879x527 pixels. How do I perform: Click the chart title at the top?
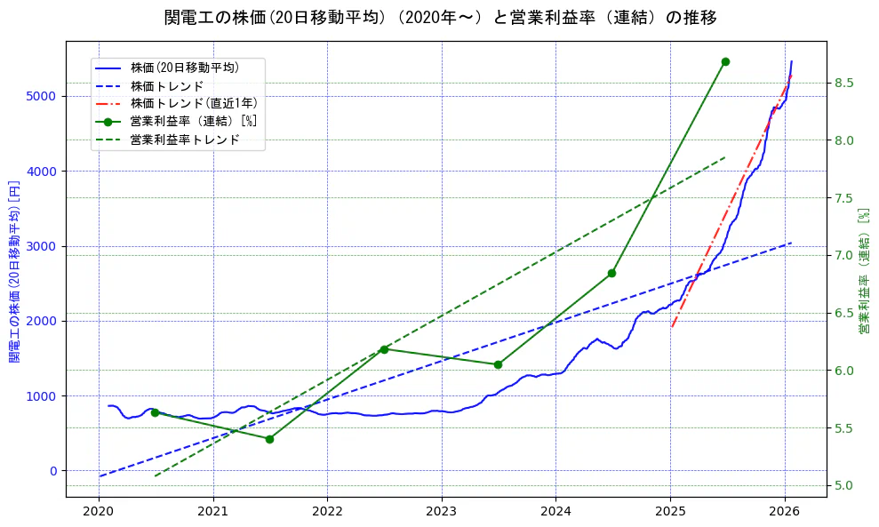440,18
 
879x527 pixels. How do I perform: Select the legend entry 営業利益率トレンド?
184,140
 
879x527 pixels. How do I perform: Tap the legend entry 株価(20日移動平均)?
184,67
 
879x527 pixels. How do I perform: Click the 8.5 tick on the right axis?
844,84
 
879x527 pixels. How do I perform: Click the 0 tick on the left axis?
52,471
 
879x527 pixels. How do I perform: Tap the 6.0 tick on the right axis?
844,371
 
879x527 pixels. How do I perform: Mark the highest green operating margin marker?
725,61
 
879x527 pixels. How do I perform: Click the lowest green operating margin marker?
269,439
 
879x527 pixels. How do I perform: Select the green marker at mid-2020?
155,412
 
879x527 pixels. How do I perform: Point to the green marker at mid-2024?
611,273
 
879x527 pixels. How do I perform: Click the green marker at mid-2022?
384,349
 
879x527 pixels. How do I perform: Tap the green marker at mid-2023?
498,364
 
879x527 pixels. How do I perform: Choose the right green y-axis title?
863,271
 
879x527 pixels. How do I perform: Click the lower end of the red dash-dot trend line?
672,327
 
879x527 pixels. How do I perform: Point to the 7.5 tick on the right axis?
844,198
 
